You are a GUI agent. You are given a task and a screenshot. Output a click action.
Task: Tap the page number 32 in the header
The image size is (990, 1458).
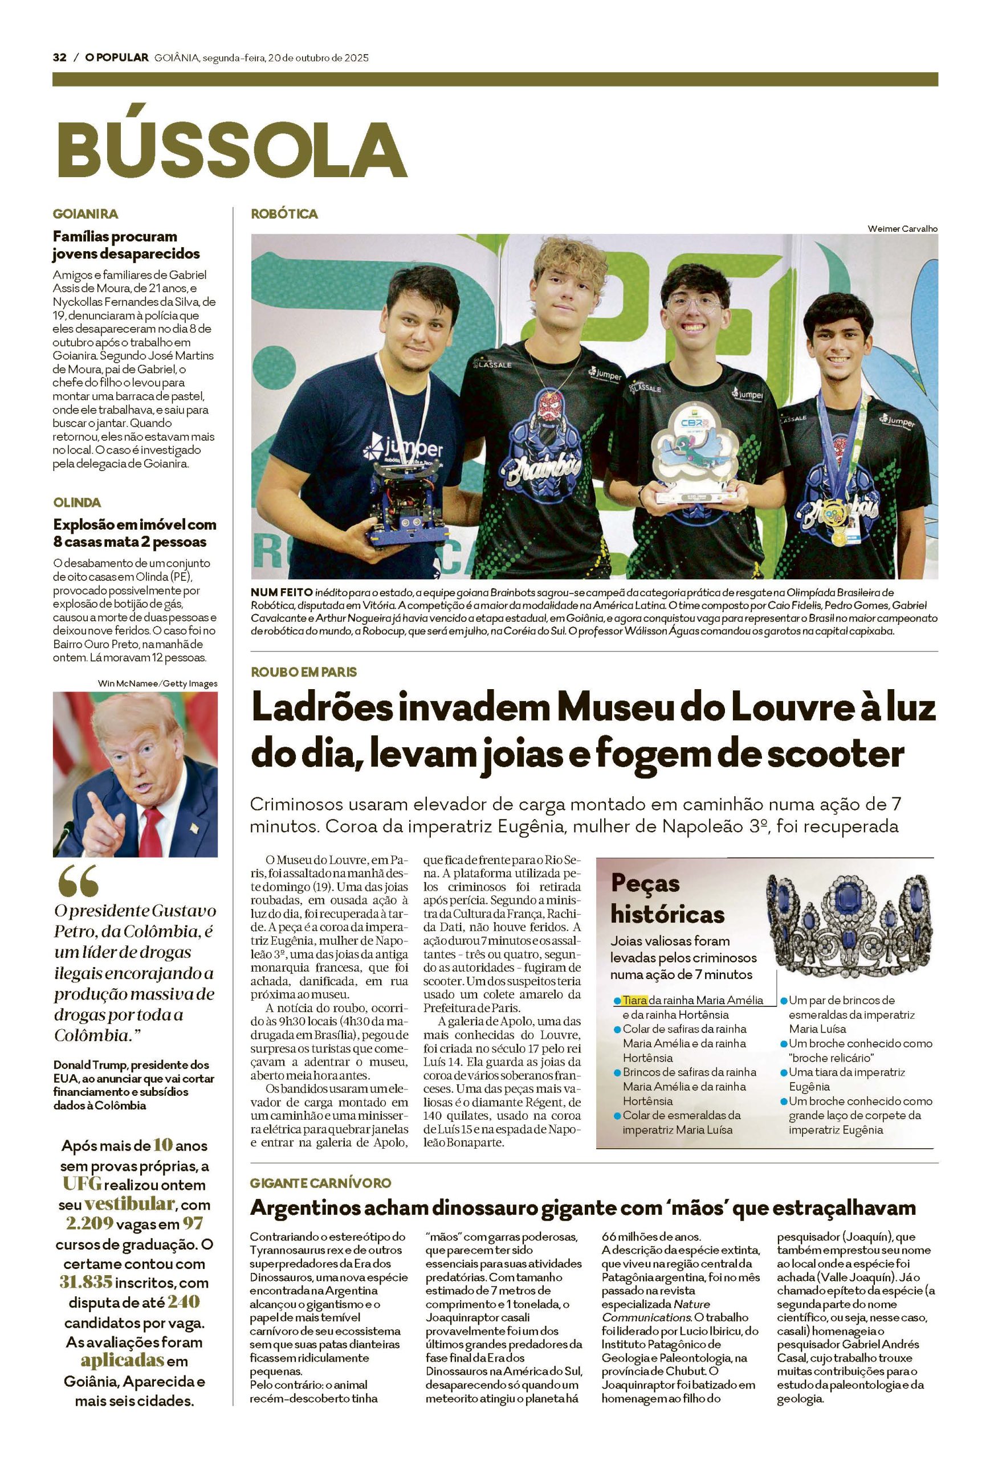pyautogui.click(x=59, y=58)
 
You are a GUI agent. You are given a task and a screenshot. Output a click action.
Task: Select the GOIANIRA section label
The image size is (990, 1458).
pyautogui.click(x=85, y=214)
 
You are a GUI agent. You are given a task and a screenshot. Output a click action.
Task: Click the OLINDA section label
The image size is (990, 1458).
pyautogui.click(x=76, y=502)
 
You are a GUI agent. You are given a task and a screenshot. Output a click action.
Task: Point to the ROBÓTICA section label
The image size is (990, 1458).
pyautogui.click(x=284, y=214)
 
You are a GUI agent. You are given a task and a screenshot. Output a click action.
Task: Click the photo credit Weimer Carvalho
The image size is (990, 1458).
pyautogui.click(x=902, y=228)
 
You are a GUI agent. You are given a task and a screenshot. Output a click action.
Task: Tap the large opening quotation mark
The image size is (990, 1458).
pyautogui.click(x=78, y=882)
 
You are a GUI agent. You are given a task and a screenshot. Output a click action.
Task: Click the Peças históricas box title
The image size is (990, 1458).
pyautogui.click(x=667, y=898)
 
